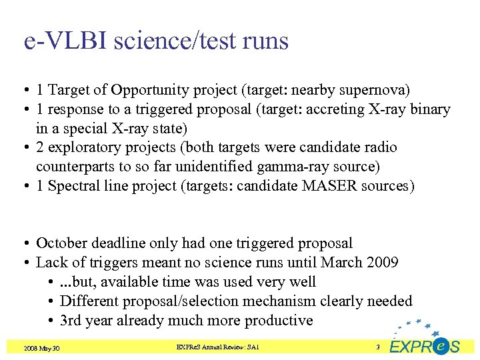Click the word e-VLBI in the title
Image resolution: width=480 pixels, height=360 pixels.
(66, 41)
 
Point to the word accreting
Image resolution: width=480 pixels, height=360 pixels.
(337, 109)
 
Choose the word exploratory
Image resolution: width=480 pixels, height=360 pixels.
(93, 147)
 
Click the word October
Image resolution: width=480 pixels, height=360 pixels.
(63, 244)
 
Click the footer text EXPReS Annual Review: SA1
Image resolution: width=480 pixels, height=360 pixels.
(218, 347)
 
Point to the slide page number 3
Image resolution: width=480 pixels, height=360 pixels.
(377, 347)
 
